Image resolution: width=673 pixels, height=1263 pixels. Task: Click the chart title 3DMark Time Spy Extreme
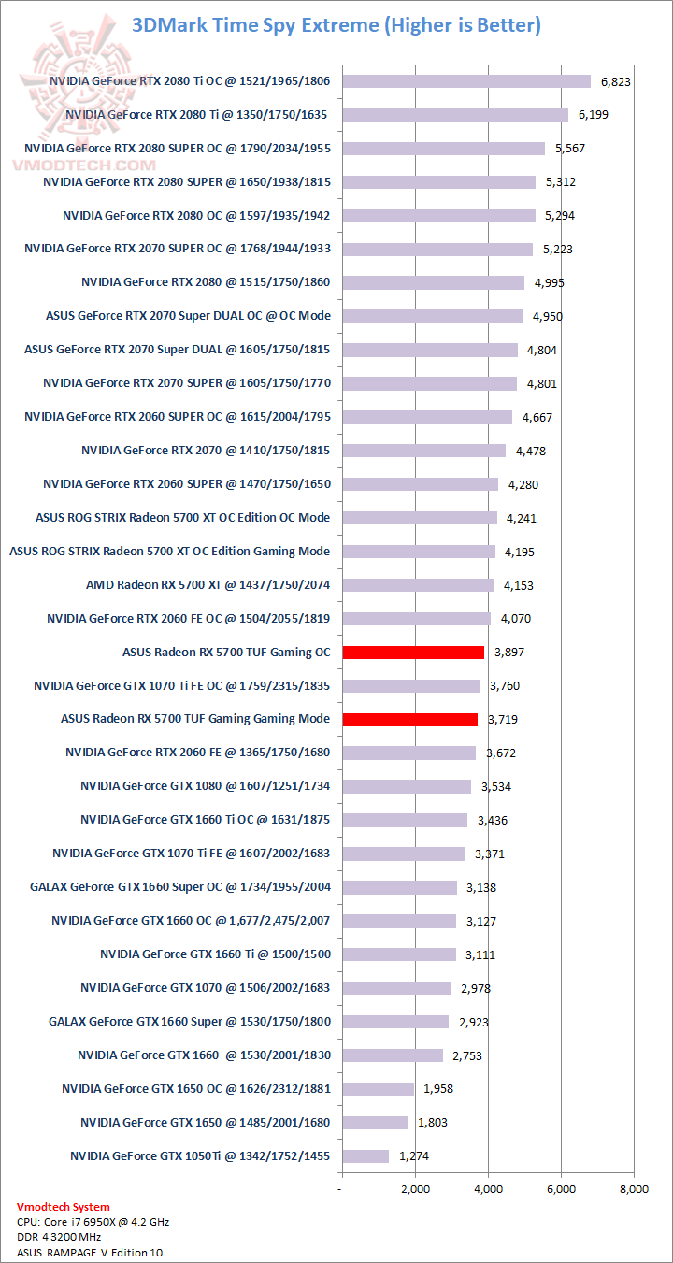336,25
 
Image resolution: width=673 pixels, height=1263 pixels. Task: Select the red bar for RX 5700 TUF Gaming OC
413,653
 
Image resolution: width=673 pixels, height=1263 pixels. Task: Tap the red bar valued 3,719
410,720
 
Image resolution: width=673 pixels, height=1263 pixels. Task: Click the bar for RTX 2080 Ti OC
466,81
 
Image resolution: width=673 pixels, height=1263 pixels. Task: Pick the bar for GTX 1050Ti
365,1156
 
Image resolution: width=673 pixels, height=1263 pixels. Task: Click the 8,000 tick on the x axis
634,1190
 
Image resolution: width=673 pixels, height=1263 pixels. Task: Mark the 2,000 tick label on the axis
415,1190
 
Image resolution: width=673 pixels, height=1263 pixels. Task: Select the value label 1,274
414,1156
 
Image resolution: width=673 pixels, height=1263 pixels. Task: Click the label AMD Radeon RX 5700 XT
208,585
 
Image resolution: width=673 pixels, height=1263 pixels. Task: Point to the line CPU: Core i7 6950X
93,1222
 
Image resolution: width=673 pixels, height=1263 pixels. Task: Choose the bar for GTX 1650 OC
378,1089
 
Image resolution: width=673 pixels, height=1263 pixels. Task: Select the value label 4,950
548,317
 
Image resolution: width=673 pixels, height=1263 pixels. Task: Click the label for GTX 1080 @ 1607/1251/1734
205,786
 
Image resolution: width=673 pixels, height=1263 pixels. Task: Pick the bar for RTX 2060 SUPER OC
427,417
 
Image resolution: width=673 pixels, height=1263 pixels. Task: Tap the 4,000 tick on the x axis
488,1190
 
